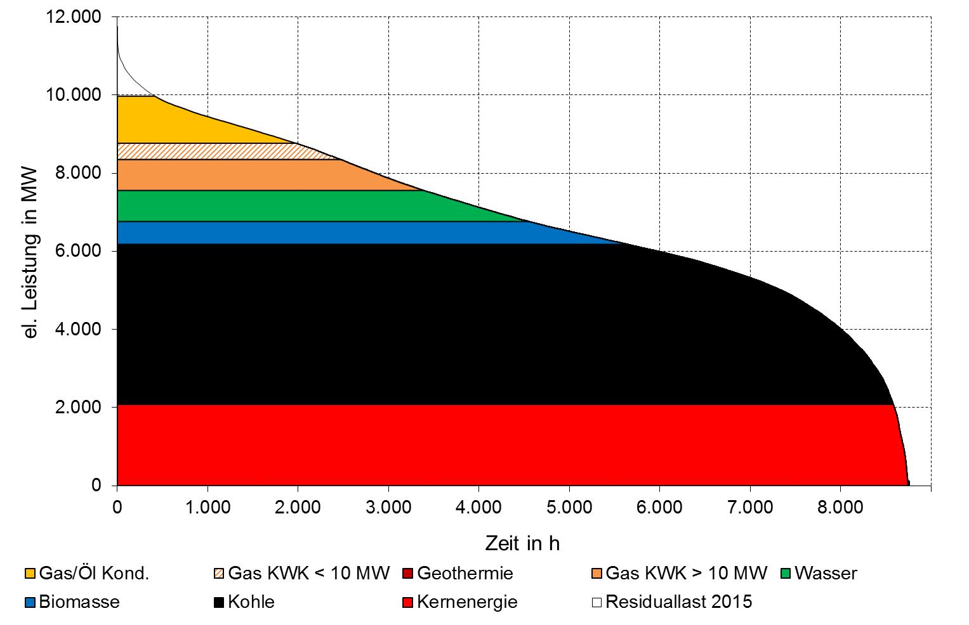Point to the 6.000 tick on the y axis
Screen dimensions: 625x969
[79, 251]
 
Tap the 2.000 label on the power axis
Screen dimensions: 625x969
[79, 407]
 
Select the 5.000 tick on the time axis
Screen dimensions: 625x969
[569, 507]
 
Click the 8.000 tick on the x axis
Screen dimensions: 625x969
[840, 507]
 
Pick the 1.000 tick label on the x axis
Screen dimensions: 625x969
[207, 507]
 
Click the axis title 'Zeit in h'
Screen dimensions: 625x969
[522, 543]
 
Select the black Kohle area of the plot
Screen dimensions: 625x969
[444, 323]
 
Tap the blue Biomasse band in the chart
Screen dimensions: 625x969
[317, 233]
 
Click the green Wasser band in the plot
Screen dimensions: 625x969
[286, 206]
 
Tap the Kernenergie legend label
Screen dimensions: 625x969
[466, 602]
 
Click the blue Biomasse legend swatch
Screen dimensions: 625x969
[30, 602]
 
